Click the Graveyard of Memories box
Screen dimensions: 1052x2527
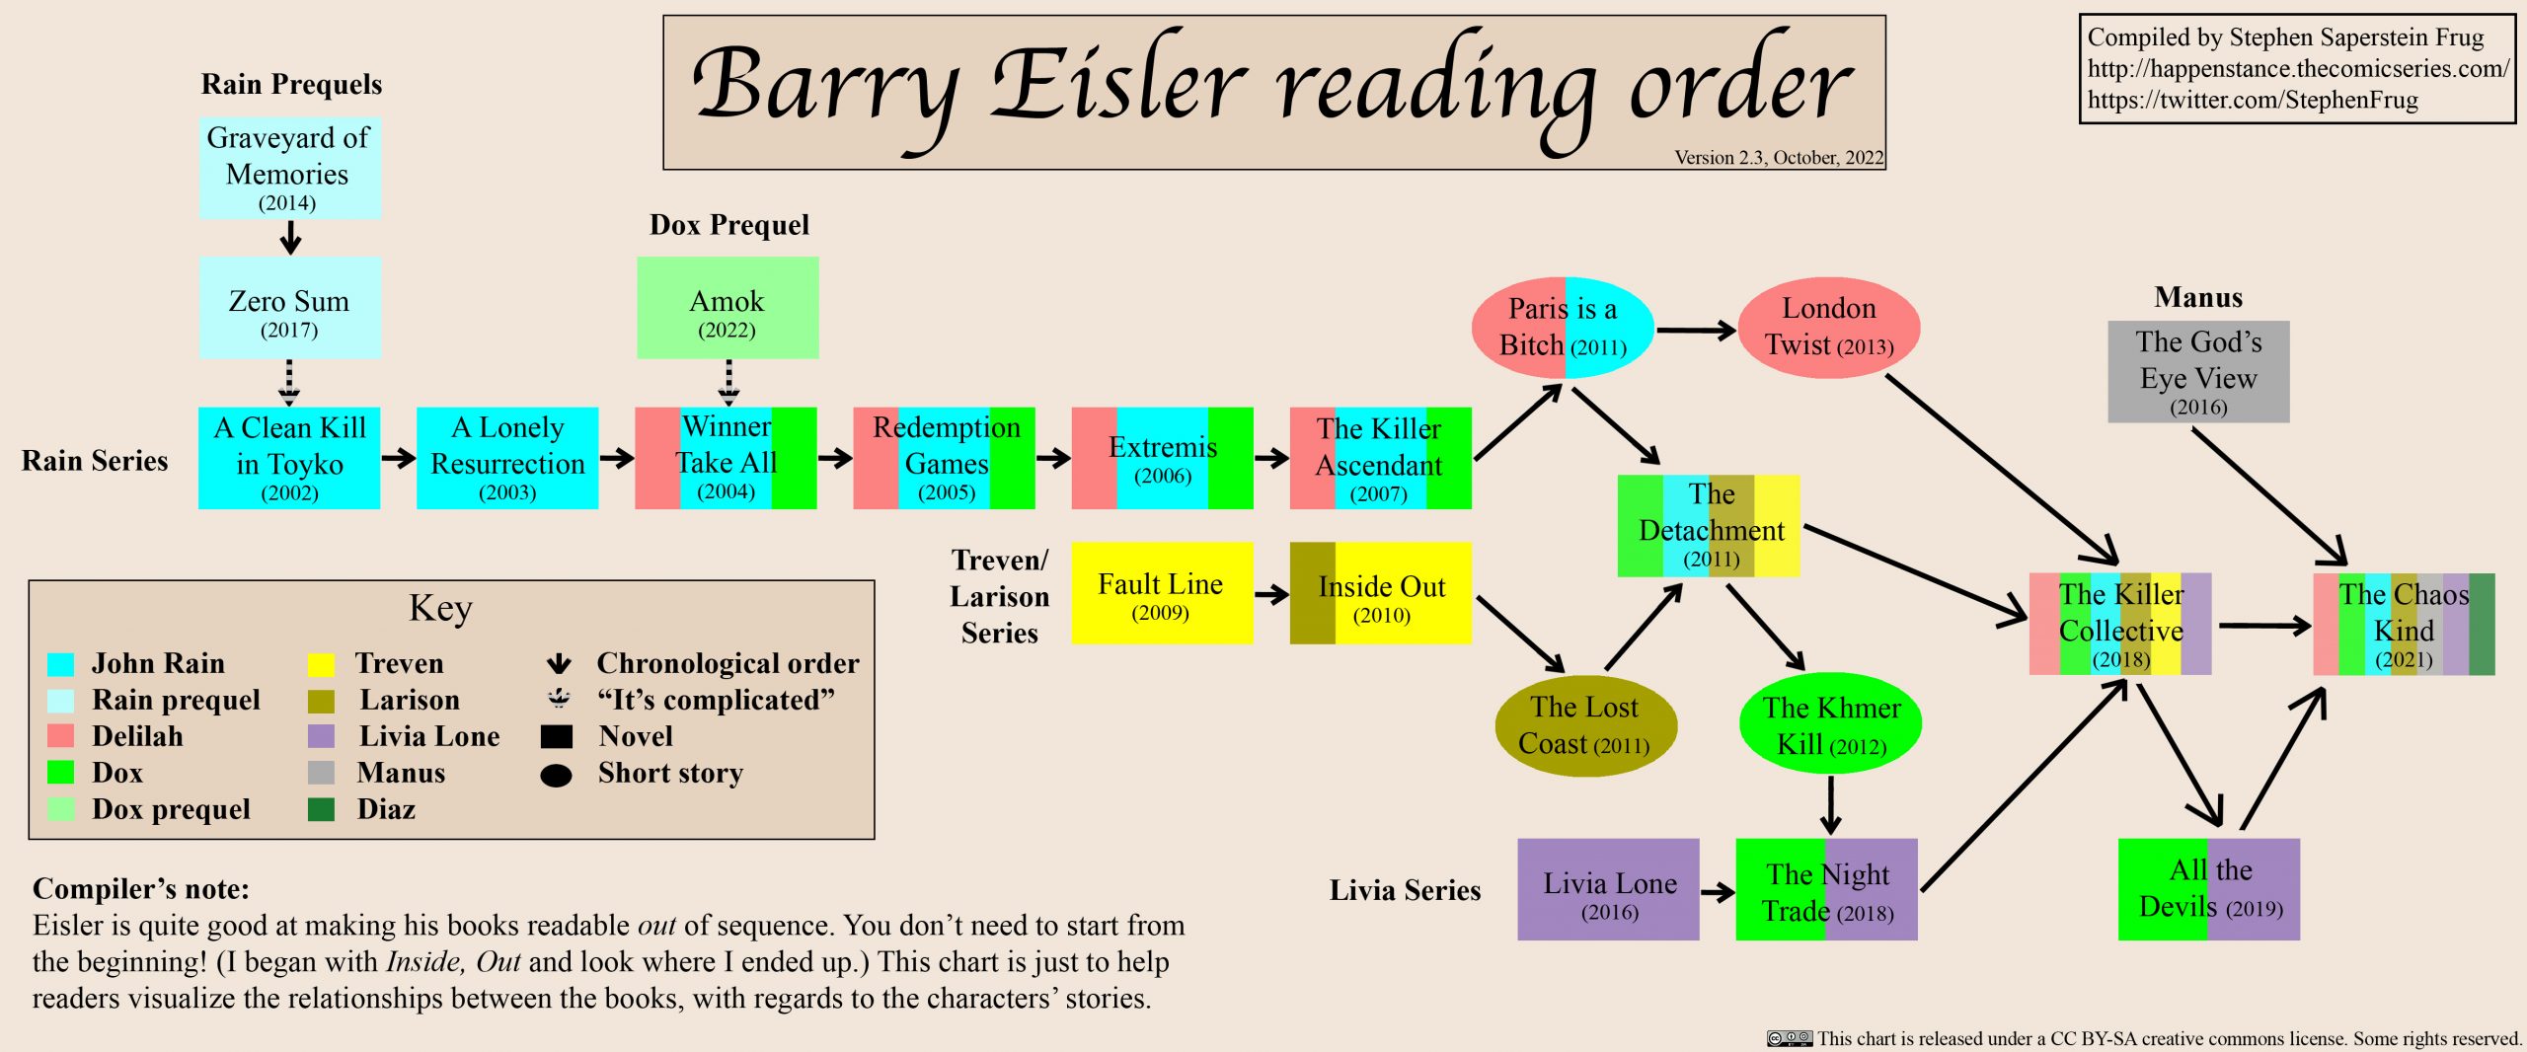289,168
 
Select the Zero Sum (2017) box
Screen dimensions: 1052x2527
289,308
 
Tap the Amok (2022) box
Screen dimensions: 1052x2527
727,308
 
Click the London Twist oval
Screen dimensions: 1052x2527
1828,327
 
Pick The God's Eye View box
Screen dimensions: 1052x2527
2198,372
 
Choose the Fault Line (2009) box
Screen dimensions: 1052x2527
1162,593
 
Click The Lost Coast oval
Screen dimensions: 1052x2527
1584,725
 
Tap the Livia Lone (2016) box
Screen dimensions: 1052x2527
1608,889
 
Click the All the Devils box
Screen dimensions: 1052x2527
2209,889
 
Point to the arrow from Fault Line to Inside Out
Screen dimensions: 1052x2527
1271,594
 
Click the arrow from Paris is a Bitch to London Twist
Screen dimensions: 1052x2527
1695,331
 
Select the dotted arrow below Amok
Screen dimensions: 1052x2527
728,383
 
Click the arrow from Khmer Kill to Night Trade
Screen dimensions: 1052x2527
1830,805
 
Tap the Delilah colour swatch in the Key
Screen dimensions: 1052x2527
61,736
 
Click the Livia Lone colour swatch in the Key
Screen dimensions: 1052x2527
321,736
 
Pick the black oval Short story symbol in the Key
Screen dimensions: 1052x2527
557,776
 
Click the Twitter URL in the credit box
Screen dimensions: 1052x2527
2253,101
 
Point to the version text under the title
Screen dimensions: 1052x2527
1779,158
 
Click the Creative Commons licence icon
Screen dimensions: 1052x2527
1790,1038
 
